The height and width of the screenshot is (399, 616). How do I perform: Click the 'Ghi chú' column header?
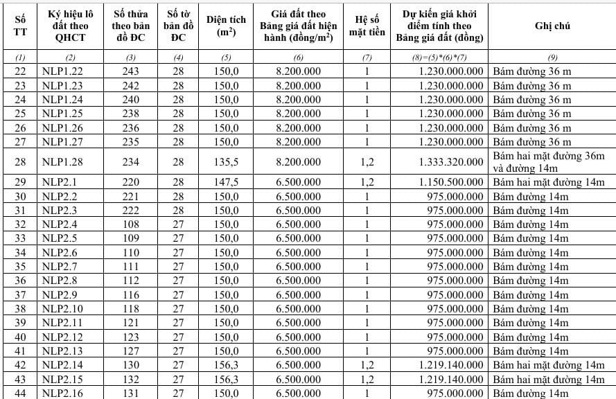552,26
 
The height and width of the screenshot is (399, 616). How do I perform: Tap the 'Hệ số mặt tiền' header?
368,26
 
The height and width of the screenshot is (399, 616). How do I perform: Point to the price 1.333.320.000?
451,161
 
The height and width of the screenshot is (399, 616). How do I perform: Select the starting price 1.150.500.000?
451,182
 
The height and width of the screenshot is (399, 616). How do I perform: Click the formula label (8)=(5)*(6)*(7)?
443,57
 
